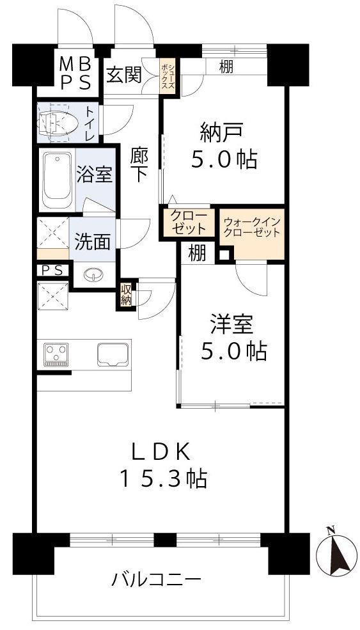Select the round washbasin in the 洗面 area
point(93,275)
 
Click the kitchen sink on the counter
point(113,354)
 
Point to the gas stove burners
point(56,354)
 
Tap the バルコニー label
point(156,579)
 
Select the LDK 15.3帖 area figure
point(162,478)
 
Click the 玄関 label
point(124,75)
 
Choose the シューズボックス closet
point(168,76)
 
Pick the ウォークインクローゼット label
point(252,228)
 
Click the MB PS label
point(75,74)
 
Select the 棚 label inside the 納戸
point(226,67)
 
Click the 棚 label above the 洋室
point(198,253)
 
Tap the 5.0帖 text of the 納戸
point(224,161)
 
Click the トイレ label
point(90,122)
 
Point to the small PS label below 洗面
point(52,271)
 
